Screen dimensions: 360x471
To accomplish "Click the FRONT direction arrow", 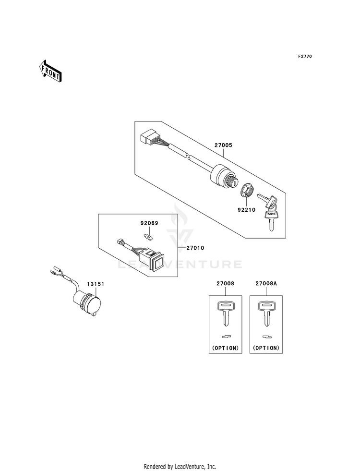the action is (50, 71).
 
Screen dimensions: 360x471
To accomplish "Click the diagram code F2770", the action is (305, 56).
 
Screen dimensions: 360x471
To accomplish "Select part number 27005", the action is (223, 145).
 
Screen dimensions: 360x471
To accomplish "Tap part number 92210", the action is (246, 210).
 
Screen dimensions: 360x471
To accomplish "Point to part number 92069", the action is (149, 223).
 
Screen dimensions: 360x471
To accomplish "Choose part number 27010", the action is (195, 248).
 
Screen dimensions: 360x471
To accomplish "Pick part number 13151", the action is (96, 284).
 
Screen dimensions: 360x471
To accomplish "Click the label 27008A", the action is (266, 283).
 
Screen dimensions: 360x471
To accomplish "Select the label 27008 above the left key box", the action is (225, 283).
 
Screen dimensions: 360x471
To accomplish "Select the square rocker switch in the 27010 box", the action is (157, 260).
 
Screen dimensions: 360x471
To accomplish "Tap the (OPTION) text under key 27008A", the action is (266, 348).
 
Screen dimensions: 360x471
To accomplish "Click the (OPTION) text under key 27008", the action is (225, 348).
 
